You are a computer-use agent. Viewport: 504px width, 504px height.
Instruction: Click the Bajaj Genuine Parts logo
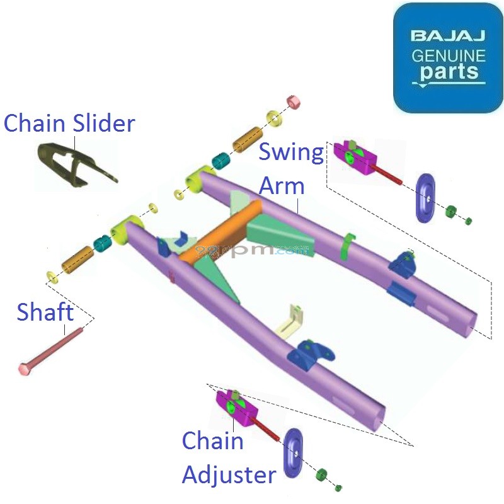448,57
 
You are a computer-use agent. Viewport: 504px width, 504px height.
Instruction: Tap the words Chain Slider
69,123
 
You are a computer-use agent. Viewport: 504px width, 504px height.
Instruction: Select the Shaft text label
45,312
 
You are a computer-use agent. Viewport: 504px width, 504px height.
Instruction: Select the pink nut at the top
293,102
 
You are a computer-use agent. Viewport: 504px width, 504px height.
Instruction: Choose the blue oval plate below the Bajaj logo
426,198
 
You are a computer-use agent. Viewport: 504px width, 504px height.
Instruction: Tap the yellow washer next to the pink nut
274,117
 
